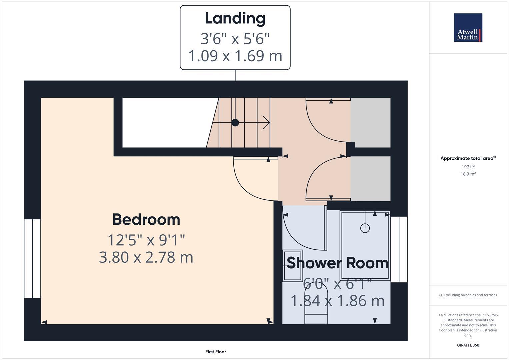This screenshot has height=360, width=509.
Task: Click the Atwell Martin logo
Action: click(x=468, y=28)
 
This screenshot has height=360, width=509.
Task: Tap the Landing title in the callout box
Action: click(x=235, y=18)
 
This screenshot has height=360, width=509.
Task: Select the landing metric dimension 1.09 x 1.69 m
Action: click(x=235, y=56)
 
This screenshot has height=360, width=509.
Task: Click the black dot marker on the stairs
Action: click(x=235, y=123)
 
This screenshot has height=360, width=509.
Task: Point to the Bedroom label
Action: click(x=146, y=220)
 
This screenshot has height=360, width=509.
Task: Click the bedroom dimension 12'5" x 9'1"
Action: click(x=146, y=240)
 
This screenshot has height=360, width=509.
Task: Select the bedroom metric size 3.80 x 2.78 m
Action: click(x=146, y=257)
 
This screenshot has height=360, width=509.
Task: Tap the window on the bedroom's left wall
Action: click(x=32, y=258)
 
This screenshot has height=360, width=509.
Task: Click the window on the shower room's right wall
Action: click(x=399, y=249)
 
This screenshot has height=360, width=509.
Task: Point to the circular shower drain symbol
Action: click(x=365, y=228)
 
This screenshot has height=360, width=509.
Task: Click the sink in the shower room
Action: click(x=293, y=266)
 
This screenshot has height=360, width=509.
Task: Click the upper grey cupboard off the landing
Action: click(x=370, y=122)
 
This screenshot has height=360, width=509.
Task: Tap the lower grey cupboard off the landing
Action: click(x=370, y=179)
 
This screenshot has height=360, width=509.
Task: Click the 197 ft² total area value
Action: click(x=468, y=167)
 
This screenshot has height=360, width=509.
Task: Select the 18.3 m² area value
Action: click(x=468, y=174)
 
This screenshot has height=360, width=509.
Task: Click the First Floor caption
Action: click(x=216, y=352)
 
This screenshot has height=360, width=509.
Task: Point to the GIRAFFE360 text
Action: click(x=468, y=345)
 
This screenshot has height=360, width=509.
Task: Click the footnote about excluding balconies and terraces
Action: click(x=468, y=295)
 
